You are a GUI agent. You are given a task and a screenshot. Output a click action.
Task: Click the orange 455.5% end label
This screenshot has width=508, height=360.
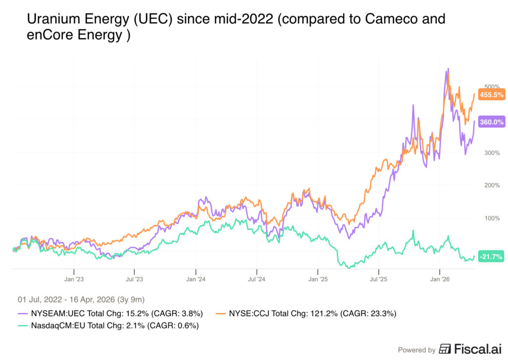(x=491, y=95)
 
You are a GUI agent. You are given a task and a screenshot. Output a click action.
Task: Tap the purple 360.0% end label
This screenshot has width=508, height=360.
(x=491, y=122)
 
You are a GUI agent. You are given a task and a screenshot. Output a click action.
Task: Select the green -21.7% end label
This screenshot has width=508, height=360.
(x=491, y=256)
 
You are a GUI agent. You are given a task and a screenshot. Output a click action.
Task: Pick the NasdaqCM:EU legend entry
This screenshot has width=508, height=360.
(x=108, y=326)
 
